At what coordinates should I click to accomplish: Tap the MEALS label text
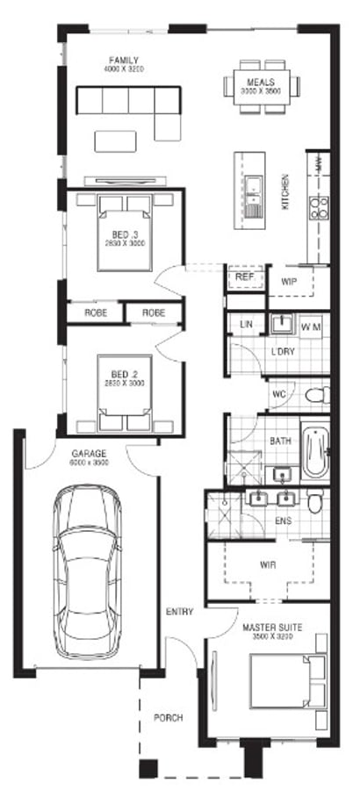tap(261, 80)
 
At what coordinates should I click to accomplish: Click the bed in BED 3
tap(124, 230)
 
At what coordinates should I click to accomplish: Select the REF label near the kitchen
tap(245, 277)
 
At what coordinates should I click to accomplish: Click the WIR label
tap(268, 564)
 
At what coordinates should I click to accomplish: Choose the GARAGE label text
tap(89, 454)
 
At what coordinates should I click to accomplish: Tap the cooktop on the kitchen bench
tap(318, 207)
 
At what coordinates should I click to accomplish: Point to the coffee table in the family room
tap(115, 140)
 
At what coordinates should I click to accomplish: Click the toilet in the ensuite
tap(315, 501)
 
